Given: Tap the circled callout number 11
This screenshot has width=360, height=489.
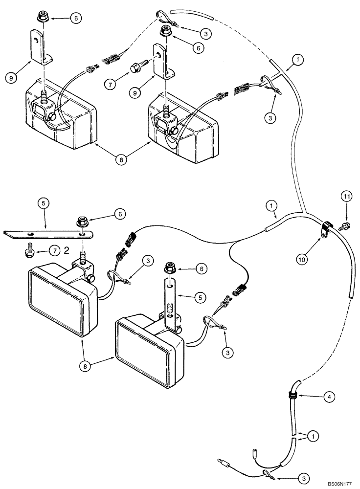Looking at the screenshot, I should click(346, 198).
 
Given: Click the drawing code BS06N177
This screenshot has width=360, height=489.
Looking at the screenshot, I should click(339, 483).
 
